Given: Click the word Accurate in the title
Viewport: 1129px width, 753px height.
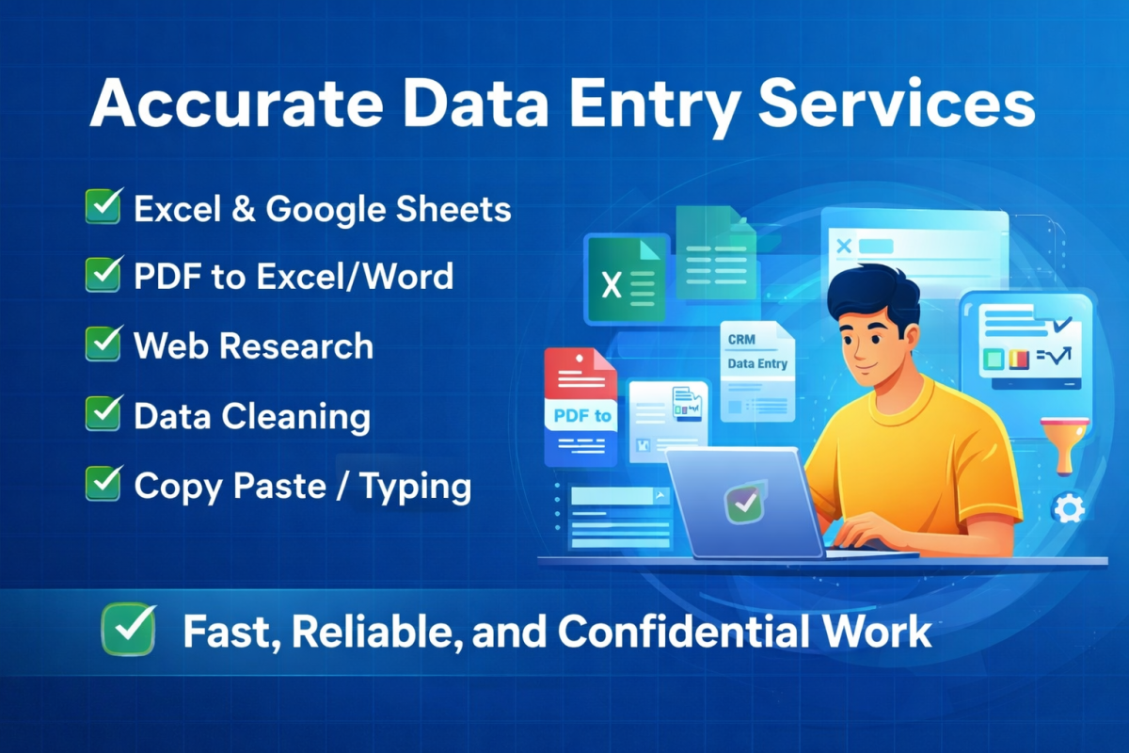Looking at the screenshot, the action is (x=236, y=104).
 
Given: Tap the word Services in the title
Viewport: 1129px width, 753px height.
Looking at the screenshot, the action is (x=897, y=104).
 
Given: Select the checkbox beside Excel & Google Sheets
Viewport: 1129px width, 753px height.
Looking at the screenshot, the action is (x=103, y=205).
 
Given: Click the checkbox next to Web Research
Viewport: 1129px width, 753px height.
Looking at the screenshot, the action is (x=103, y=344).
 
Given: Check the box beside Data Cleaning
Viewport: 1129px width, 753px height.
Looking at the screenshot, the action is (x=103, y=413).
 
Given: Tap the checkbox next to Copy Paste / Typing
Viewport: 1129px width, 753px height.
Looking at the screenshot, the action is (x=103, y=483).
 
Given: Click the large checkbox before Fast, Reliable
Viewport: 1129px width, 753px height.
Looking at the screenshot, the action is (x=129, y=629).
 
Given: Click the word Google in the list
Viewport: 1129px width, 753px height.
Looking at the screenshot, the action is (x=326, y=210).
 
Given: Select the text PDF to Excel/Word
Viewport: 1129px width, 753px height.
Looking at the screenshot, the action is (x=294, y=277).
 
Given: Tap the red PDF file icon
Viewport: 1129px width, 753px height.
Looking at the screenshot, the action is (x=581, y=407).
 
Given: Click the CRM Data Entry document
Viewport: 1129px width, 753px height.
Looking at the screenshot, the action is (x=757, y=371).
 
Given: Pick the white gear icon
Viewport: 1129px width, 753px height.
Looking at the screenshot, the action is (x=1069, y=509).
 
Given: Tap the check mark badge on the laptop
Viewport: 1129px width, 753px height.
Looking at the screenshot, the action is (x=745, y=502).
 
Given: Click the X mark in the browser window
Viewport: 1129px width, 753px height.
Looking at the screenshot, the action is (x=844, y=246).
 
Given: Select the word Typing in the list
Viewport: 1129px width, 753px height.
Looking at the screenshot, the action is (x=415, y=487).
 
